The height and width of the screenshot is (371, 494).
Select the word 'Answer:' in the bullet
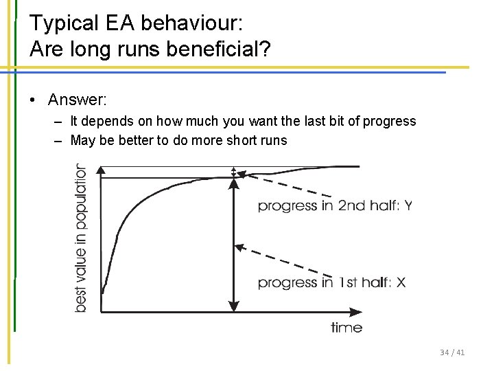tap(77, 100)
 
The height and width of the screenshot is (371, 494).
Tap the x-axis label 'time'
tap(346, 327)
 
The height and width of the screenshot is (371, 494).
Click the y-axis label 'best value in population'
tap(82, 237)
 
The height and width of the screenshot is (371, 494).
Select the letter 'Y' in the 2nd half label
tap(408, 205)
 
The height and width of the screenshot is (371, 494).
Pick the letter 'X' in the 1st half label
tap(401, 282)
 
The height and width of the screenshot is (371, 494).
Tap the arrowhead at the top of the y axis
tap(102, 169)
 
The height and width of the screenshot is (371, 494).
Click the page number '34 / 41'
tap(452, 352)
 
